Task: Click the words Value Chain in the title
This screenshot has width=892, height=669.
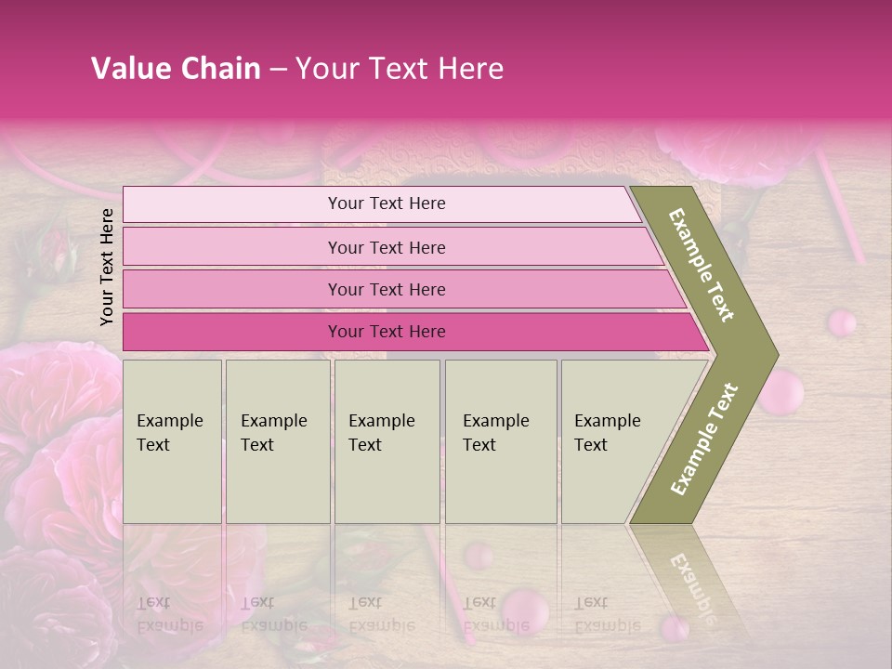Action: [176, 69]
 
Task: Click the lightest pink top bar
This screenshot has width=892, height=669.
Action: [386, 203]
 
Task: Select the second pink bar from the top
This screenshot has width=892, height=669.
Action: [386, 247]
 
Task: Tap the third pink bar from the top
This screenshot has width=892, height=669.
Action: [386, 289]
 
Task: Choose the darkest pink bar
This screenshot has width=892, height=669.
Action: [386, 332]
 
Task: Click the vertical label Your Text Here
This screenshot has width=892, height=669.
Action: [107, 267]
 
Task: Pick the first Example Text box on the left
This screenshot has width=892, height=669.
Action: [172, 440]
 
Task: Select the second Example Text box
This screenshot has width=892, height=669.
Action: [278, 440]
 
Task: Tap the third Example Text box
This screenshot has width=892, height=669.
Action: [387, 440]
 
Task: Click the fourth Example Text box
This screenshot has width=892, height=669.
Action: [500, 440]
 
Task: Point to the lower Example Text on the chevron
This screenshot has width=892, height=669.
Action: [704, 439]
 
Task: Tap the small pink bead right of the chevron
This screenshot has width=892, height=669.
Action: [842, 322]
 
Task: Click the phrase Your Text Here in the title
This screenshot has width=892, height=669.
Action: [400, 69]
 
